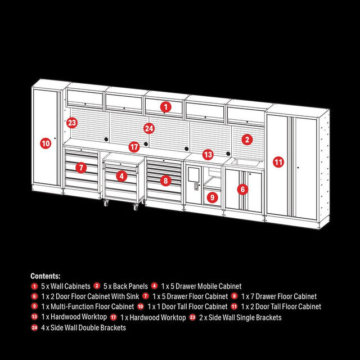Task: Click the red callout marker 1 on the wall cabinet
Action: point(165,106)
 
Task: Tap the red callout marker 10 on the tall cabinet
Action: point(46,143)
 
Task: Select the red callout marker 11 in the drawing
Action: point(278,162)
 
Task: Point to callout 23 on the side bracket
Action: point(71,123)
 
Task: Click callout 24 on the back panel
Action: point(148,128)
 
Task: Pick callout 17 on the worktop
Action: point(133,147)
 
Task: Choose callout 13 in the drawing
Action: point(208,154)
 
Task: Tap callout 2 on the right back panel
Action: point(247,139)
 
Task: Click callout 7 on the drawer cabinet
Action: point(82,167)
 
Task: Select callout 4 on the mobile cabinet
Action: point(121,175)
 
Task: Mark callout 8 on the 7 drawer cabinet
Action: point(165,181)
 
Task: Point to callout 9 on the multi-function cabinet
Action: point(211,197)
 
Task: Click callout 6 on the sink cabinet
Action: point(242,190)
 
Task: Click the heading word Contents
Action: point(46,276)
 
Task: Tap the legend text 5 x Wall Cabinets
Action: point(65,286)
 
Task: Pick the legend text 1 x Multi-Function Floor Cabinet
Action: point(87,307)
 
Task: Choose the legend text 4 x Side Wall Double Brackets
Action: point(83,327)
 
